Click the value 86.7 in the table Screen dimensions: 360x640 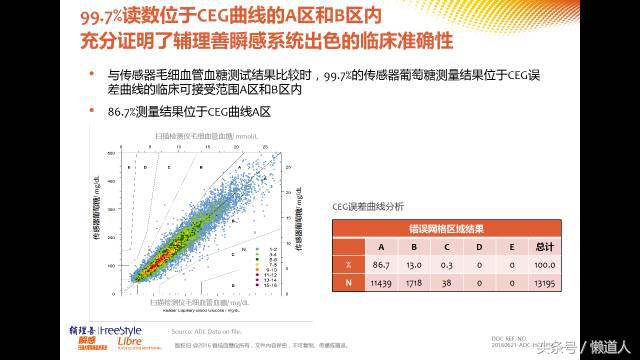381,265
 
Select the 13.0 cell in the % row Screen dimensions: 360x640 415,265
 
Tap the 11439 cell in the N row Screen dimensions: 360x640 381,284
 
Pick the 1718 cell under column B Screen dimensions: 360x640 415,284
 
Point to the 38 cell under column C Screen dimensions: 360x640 449,284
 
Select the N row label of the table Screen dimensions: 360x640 347,284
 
